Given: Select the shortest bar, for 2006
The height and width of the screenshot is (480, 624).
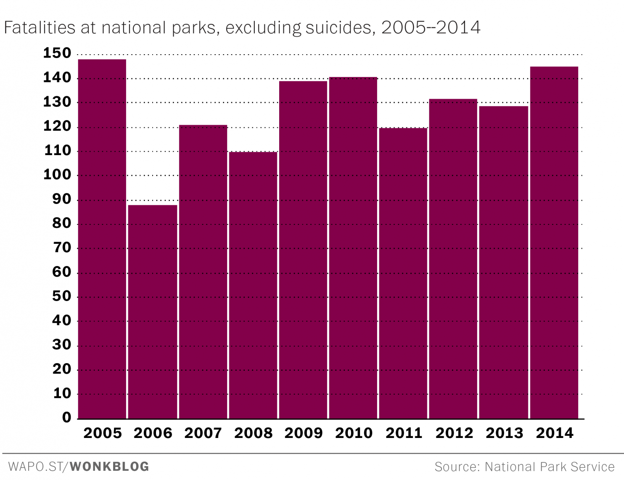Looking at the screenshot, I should coord(153,311).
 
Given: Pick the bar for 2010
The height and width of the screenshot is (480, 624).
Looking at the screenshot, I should coord(353,248).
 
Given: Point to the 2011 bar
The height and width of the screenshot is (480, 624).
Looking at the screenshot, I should coord(403,273).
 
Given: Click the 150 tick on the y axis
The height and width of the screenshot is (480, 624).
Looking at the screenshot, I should coord(57,53).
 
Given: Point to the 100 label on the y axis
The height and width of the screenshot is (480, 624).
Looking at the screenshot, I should coord(57,175).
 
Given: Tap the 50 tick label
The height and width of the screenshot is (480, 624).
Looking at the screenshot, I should coord(62,296).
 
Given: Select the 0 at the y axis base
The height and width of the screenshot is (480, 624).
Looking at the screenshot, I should coord(67,417).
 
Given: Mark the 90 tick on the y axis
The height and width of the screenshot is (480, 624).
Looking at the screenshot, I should coord(62,199).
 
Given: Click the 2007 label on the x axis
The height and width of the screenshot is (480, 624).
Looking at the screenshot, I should coord(203,433).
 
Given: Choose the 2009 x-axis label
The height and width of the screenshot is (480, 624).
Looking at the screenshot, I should coord(304,433).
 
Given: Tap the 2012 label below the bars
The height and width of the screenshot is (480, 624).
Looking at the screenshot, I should coord(454,433).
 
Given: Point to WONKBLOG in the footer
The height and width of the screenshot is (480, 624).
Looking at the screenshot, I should coord(109,467).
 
